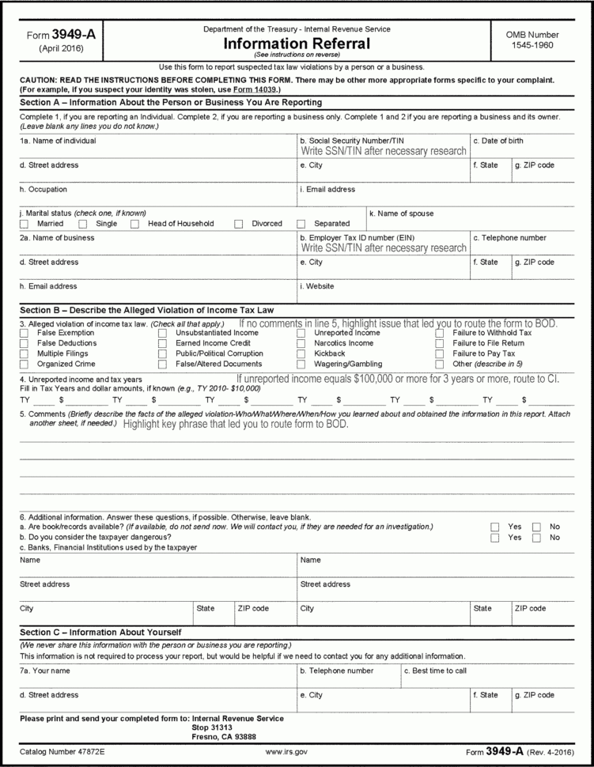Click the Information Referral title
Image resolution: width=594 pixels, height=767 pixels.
296,43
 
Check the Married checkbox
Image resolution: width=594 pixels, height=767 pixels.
23,224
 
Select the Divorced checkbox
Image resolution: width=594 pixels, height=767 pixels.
238,224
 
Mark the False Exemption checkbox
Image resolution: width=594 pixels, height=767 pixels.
23,334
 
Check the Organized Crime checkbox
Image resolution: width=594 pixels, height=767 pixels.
23,365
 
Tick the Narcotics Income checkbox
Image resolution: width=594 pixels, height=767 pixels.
301,344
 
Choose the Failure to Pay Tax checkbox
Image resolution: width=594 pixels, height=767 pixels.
440,354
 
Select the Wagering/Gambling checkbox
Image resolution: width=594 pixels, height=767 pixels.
301,365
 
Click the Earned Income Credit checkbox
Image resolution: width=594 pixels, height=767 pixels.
162,344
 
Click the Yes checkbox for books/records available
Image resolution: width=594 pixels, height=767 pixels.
494,527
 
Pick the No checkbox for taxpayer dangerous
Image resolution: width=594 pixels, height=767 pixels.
536,538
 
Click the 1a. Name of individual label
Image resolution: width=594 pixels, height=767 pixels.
58,141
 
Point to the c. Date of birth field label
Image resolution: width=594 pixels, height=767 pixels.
498,141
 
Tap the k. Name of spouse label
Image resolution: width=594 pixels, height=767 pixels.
401,213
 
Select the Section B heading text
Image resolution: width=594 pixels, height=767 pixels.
146,309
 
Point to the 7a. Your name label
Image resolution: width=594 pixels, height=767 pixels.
45,671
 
